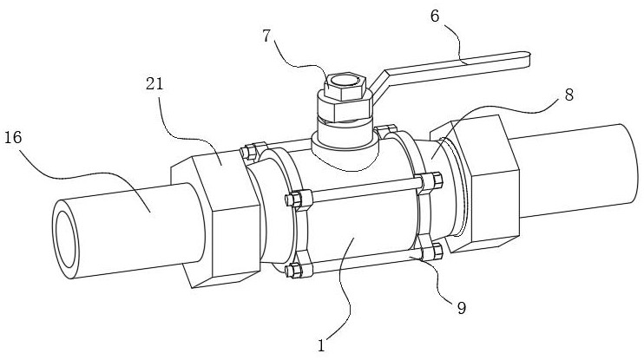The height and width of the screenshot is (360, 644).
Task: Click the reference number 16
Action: (x=13, y=138)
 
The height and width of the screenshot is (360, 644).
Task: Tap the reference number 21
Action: (x=154, y=84)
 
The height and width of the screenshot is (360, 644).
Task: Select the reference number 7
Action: (x=267, y=36)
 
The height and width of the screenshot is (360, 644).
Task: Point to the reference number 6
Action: (x=435, y=16)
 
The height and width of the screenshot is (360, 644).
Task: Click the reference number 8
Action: (x=568, y=95)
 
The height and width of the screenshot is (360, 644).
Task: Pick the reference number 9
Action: (x=462, y=308)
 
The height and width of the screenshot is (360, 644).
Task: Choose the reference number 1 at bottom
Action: (x=322, y=345)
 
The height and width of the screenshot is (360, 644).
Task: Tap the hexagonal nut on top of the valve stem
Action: (x=345, y=87)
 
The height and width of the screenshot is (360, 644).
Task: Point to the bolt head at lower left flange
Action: (x=292, y=270)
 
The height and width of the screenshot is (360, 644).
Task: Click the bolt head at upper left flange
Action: (x=247, y=152)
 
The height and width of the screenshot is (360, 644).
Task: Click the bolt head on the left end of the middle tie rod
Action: (x=292, y=200)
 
